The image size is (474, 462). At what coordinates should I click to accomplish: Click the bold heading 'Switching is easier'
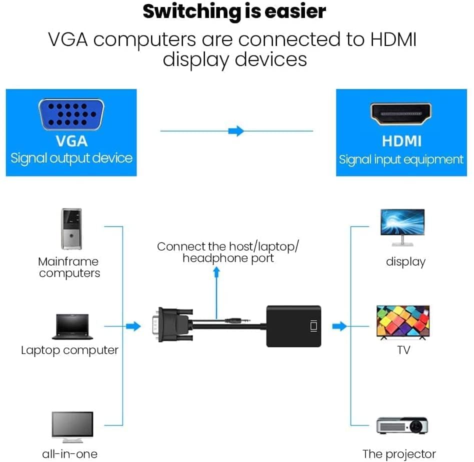coord(234,11)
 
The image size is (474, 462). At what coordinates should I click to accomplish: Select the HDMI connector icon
coord(401,114)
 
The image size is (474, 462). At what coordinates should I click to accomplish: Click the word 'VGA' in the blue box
coord(71,141)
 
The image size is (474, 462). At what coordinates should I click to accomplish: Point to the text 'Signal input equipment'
coord(401,159)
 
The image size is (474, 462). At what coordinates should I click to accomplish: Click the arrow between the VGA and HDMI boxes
coord(236,131)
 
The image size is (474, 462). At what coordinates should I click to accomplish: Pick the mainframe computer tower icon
coord(71,229)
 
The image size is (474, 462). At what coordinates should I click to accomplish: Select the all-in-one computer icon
coord(72,426)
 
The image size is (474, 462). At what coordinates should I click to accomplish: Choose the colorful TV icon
coord(402,322)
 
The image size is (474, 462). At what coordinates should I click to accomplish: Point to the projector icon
coord(402,425)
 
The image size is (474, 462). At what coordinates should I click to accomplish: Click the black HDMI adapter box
coord(293,326)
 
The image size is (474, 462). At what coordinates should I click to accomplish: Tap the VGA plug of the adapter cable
coord(170,325)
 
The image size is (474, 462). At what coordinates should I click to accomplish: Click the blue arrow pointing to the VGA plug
coord(133,326)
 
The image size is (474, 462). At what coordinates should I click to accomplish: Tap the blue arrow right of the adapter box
coord(339,326)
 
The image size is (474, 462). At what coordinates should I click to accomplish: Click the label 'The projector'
coord(399,454)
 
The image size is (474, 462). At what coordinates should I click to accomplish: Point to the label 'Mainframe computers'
coord(69,267)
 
